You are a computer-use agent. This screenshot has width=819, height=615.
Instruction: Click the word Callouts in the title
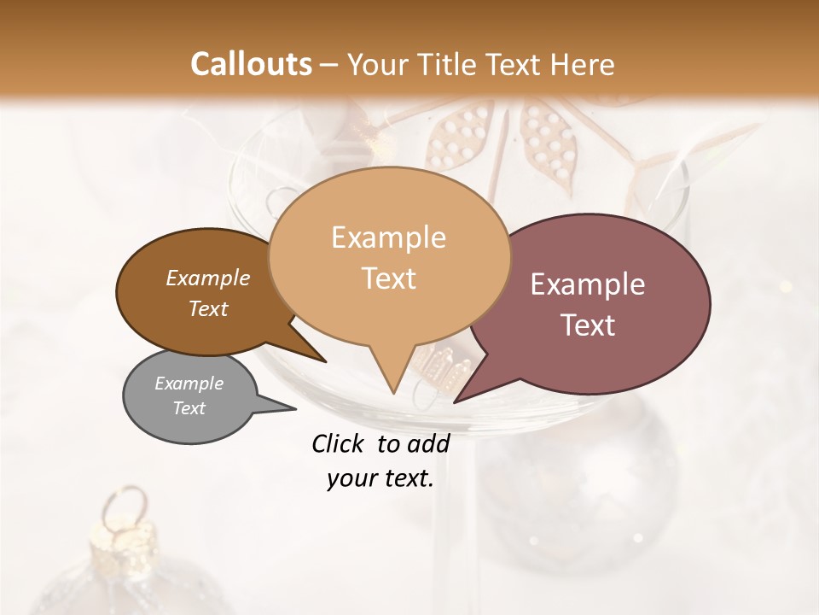coord(251,64)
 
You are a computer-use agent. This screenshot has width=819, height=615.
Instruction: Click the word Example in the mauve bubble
coord(588,284)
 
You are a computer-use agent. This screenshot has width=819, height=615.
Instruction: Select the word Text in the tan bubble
coord(389,278)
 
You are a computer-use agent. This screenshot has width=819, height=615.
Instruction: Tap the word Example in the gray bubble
coord(189,384)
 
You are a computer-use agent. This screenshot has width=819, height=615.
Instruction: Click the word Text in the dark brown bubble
coord(208,309)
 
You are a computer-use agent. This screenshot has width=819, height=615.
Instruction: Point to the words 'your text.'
coord(380,479)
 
